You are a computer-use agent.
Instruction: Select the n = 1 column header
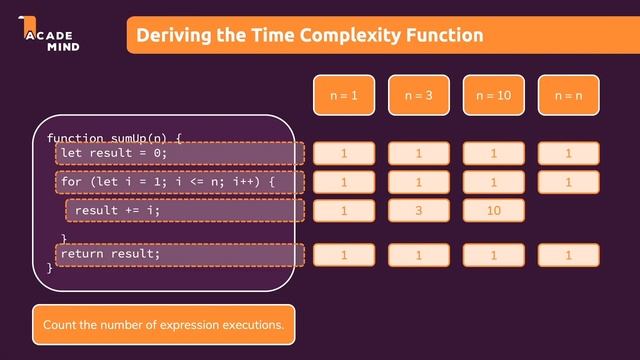344,96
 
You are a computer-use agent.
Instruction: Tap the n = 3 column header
419,96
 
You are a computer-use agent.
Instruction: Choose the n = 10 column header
493,96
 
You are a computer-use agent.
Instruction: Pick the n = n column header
568,96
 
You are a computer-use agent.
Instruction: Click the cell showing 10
493,211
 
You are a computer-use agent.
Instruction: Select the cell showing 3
419,211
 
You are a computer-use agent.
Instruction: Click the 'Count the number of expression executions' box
164,324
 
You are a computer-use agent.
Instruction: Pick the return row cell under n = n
568,255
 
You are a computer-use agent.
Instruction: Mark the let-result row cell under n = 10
493,153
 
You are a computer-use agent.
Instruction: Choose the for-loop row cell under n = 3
419,182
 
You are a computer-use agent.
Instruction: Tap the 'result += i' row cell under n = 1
344,211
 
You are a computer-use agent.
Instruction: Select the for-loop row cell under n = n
568,182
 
